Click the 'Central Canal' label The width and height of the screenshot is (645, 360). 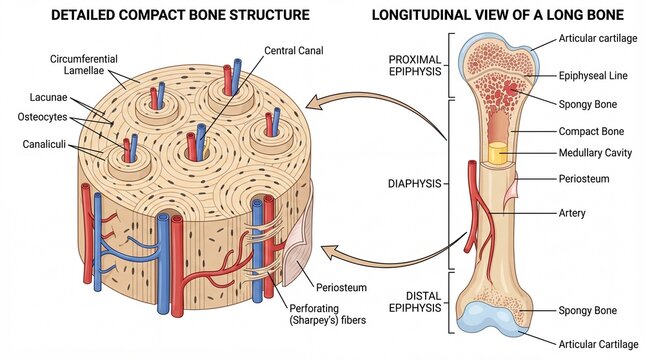294,50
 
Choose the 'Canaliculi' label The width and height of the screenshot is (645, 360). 44,144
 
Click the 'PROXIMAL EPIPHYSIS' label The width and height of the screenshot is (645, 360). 414,67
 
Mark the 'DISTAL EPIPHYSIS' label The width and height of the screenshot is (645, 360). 413,300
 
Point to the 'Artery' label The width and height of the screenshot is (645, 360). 572,213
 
